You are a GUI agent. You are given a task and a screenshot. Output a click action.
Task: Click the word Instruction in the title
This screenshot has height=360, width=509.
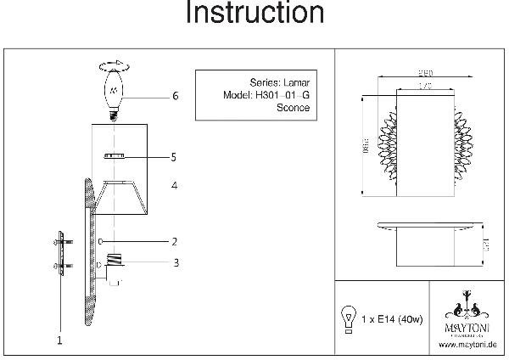pos(254,14)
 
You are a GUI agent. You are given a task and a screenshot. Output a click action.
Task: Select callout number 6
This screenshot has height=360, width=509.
pos(175,97)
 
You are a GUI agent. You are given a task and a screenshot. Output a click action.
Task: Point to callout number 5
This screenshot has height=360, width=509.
pos(172,157)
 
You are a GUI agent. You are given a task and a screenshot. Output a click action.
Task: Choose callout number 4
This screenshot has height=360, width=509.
pos(172,184)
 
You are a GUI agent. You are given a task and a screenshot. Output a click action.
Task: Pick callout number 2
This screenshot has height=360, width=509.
pos(173,242)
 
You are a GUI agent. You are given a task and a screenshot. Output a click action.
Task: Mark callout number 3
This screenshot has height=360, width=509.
pos(175,263)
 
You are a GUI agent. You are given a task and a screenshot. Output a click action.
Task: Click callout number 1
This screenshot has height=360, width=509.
pos(59,340)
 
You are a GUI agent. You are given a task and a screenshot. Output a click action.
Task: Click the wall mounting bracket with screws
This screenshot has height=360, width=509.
pos(58,252)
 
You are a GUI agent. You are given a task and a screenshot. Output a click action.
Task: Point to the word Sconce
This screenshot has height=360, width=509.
pos(294,109)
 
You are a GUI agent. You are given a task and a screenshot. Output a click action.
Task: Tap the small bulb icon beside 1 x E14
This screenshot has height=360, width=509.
pos(347,315)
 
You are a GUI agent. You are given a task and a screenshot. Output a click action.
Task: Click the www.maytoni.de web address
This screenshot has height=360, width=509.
pos(467,345)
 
